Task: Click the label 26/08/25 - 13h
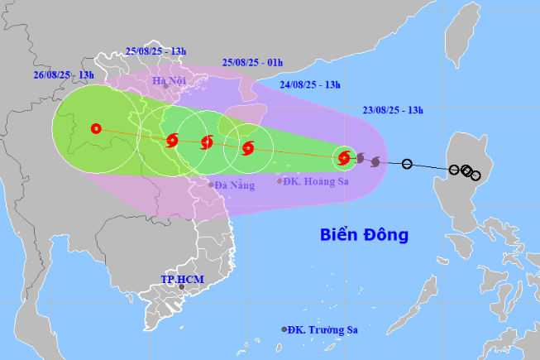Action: (x=63, y=74)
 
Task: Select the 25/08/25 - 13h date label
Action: (x=155, y=50)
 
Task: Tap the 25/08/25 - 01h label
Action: (x=252, y=62)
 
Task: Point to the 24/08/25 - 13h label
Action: (x=312, y=84)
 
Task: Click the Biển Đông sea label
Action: (x=364, y=235)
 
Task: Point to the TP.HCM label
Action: (x=182, y=280)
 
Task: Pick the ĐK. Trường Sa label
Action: (x=323, y=329)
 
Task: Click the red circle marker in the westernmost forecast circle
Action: (x=96, y=128)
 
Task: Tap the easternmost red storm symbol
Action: (x=344, y=156)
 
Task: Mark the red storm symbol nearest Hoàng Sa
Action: (x=247, y=149)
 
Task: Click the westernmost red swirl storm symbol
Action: (x=172, y=141)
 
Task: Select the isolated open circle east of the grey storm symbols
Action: (x=406, y=164)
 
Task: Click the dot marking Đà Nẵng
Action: (x=211, y=185)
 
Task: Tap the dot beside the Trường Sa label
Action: (x=284, y=329)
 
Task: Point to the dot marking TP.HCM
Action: (x=182, y=288)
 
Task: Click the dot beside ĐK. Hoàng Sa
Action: (x=280, y=180)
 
